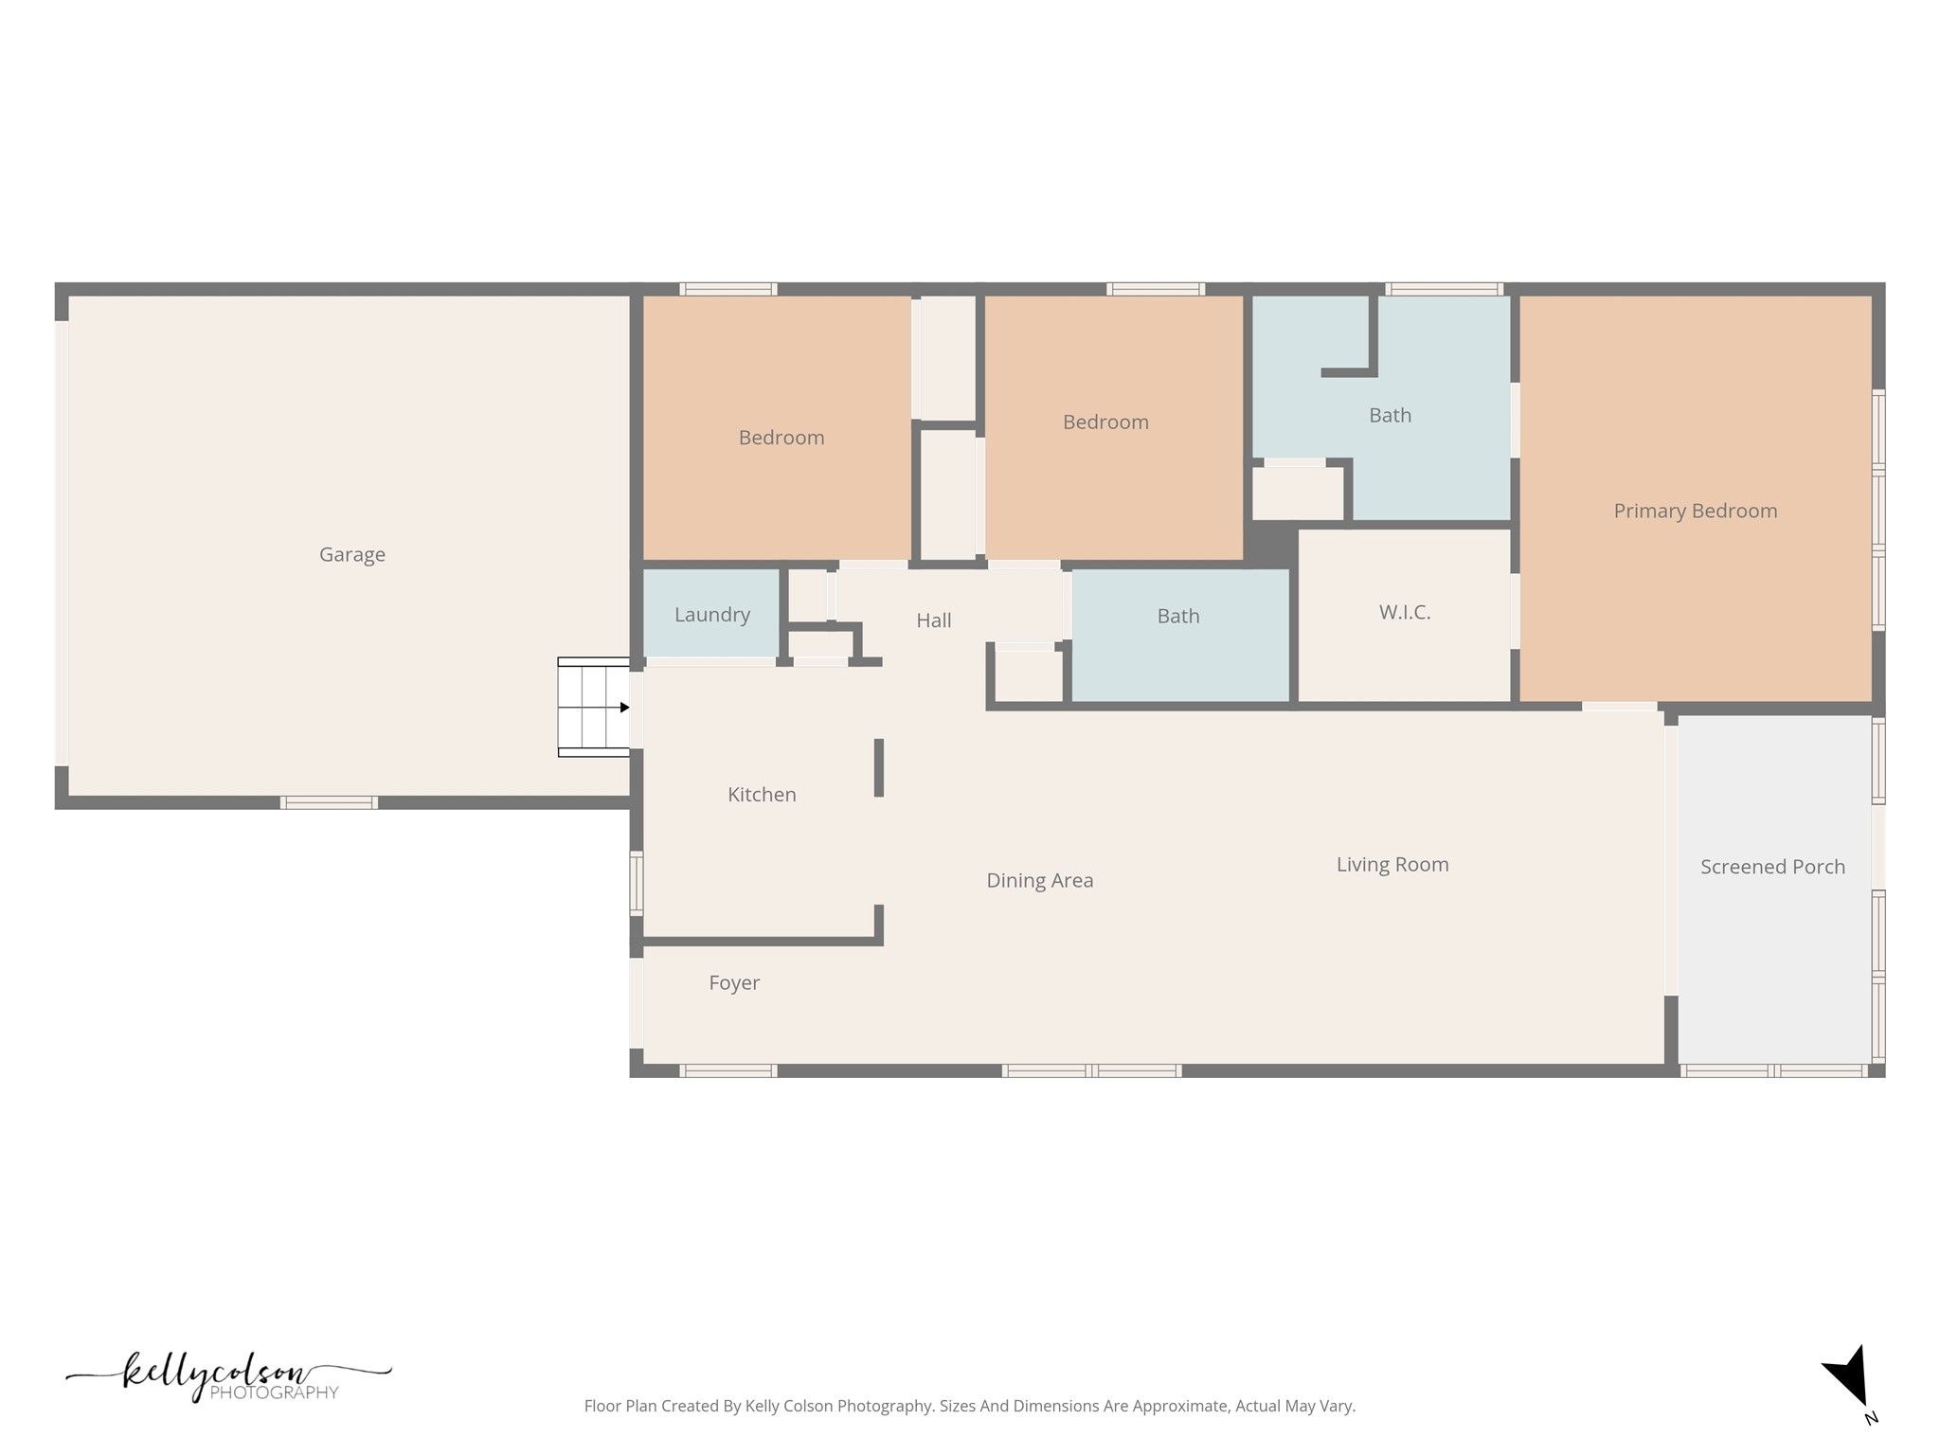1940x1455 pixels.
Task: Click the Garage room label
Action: [x=352, y=555]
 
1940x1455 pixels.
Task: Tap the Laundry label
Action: [x=712, y=616]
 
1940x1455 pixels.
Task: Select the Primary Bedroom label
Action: [x=1696, y=512]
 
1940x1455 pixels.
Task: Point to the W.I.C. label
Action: [x=1405, y=613]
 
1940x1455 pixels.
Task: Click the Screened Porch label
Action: [x=1772, y=867]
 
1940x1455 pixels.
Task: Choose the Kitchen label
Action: [x=762, y=795]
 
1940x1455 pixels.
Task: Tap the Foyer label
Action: [x=734, y=983]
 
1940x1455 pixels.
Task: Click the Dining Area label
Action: [x=1040, y=881]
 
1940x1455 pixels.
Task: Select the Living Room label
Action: [x=1392, y=865]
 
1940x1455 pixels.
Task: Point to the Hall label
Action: [x=934, y=620]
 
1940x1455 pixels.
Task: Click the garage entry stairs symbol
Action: [x=594, y=708]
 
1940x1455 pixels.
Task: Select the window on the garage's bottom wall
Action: [x=330, y=803]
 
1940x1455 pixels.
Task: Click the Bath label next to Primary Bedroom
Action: [x=1391, y=416]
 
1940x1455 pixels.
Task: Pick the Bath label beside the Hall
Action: [x=1178, y=617]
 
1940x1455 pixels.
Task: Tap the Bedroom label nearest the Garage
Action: [x=781, y=438]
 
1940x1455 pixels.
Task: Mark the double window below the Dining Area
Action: [x=1092, y=1071]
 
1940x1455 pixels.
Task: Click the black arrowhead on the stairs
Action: [x=624, y=708]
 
